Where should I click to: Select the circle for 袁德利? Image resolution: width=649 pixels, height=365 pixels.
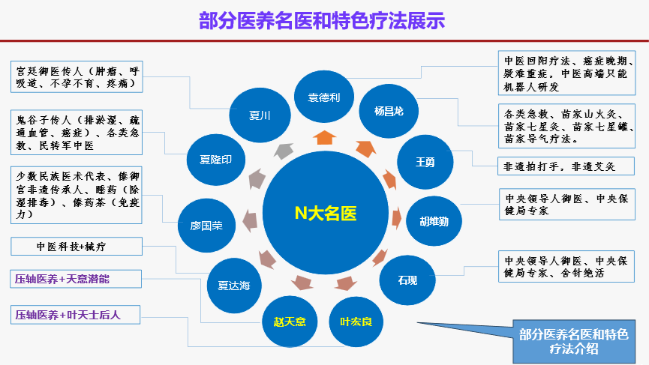325,98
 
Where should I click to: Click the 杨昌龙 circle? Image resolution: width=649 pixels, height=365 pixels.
389,111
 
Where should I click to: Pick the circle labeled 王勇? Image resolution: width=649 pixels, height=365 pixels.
425,160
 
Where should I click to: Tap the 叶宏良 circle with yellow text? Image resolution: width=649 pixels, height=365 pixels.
356,322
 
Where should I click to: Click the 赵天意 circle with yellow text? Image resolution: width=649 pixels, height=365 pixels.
290,322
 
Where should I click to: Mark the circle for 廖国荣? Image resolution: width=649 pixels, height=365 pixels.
206,225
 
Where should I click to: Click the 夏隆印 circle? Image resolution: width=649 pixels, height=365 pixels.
215,160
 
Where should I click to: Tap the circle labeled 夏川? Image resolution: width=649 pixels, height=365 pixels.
260,116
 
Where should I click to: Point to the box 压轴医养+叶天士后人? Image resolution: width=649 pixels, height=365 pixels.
77,315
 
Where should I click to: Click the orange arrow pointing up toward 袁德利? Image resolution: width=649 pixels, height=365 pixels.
325,137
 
